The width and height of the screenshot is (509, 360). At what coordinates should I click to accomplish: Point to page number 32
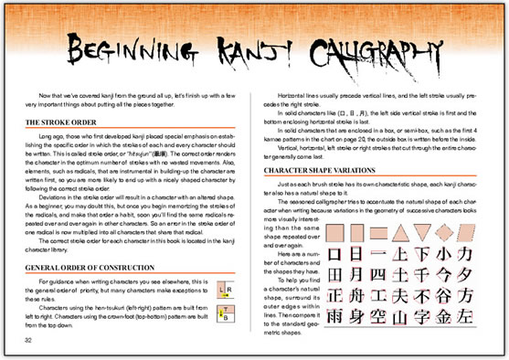pyautogui.click(x=30, y=338)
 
